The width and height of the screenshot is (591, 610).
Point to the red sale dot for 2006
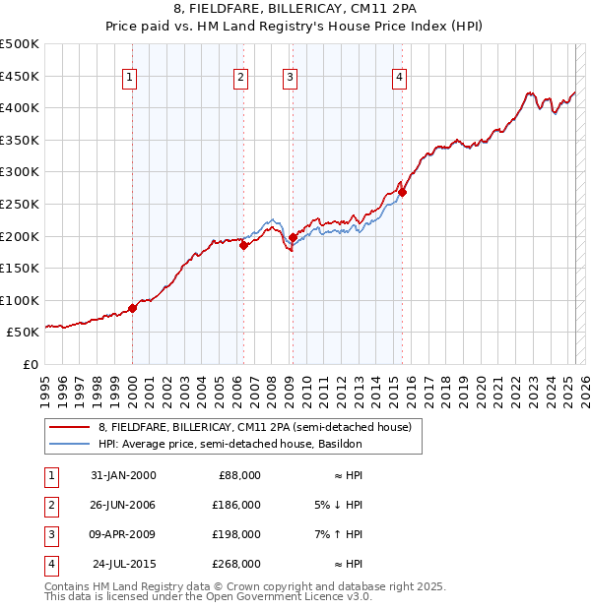(x=243, y=246)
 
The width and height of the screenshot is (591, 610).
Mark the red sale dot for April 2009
(x=293, y=237)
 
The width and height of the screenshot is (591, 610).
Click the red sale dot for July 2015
(x=402, y=192)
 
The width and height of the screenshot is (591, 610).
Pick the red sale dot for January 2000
(x=133, y=308)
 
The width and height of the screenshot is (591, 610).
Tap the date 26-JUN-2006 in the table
(x=122, y=505)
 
